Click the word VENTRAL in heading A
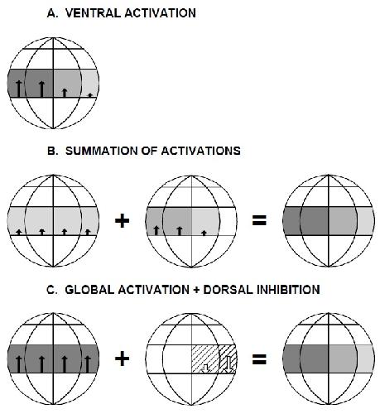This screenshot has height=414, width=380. pyautogui.click(x=94, y=13)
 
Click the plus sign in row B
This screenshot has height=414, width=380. pyautogui.click(x=122, y=220)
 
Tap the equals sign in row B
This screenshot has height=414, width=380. pyautogui.click(x=259, y=220)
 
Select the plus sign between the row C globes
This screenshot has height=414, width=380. pyautogui.click(x=122, y=359)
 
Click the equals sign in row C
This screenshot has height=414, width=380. pyautogui.click(x=259, y=359)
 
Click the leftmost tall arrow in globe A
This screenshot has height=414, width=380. pyautogui.click(x=18, y=89)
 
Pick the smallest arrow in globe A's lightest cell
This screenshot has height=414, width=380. pyautogui.click(x=89, y=95)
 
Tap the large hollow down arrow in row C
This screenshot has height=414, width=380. pyautogui.click(x=228, y=363)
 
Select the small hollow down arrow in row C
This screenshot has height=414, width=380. pyautogui.click(x=204, y=368)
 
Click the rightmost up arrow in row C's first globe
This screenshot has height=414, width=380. pyautogui.click(x=88, y=364)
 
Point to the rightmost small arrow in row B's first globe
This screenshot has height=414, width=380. pyautogui.click(x=88, y=232)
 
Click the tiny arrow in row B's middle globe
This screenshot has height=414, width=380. pyautogui.click(x=204, y=233)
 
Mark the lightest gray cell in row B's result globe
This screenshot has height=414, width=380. pyautogui.click(x=366, y=221)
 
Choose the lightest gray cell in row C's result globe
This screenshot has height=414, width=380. pyautogui.click(x=366, y=359)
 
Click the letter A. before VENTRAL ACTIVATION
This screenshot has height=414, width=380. pyautogui.click(x=52, y=13)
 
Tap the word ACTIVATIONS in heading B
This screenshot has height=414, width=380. pyautogui.click(x=200, y=151)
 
